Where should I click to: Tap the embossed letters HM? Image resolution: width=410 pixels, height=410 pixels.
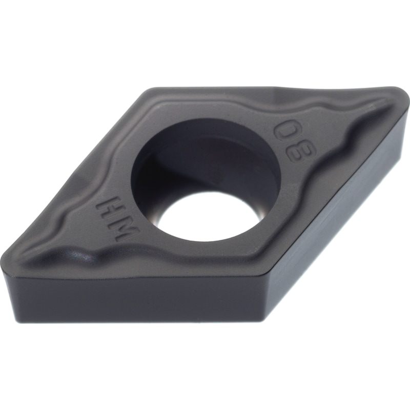coord(115,218)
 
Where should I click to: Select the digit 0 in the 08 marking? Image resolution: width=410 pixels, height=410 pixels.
coord(287,132)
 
